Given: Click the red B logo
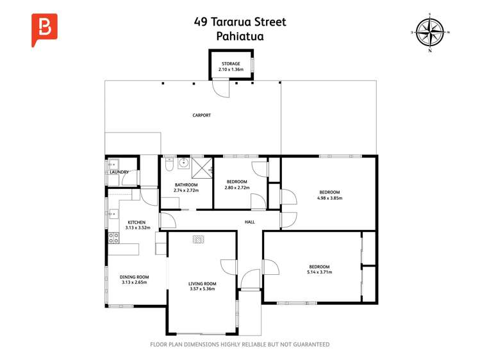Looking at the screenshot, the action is pyautogui.click(x=44, y=29).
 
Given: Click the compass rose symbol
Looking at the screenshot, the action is pyautogui.click(x=431, y=32).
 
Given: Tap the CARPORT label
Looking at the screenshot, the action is pyautogui.click(x=202, y=115).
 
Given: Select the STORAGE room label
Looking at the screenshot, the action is pyautogui.click(x=231, y=63).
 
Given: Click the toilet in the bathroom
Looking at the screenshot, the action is pyautogui.click(x=169, y=165).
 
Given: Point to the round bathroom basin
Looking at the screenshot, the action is pyautogui.click(x=185, y=163).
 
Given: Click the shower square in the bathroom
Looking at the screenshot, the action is pyautogui.click(x=202, y=168).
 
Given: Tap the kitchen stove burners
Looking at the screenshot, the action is pyautogui.click(x=113, y=238).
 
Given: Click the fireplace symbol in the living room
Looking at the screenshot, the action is pyautogui.click(x=199, y=239).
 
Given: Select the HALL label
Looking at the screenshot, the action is pyautogui.click(x=250, y=222).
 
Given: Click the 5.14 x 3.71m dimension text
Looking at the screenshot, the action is pyautogui.click(x=319, y=272).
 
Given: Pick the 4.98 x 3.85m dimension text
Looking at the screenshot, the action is pyautogui.click(x=329, y=198).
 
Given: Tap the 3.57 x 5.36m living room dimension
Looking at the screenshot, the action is pyautogui.click(x=202, y=289).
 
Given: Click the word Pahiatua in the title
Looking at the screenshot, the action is pyautogui.click(x=240, y=37).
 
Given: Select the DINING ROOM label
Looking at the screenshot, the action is pyautogui.click(x=134, y=277).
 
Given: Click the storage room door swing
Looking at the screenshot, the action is pyautogui.click(x=221, y=88).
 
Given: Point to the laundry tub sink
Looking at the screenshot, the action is pyautogui.click(x=112, y=165).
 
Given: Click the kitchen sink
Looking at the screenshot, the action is pyautogui.click(x=113, y=214).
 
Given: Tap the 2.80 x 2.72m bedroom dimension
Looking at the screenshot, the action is pyautogui.click(x=237, y=188).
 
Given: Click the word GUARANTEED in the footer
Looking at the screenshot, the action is pyautogui.click(x=311, y=345).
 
